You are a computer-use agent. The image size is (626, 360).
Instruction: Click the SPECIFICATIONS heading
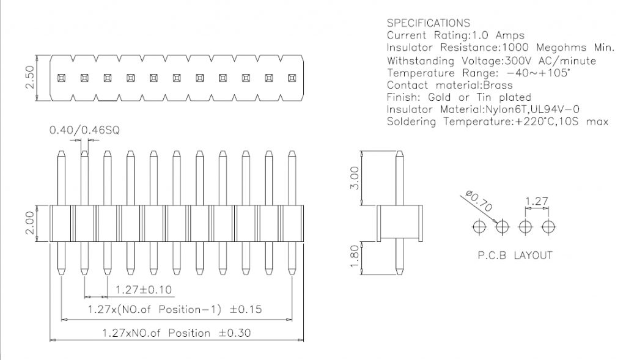point(429,23)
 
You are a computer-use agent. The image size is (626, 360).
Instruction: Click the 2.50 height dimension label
point(29,78)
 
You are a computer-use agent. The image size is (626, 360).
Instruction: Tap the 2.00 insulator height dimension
point(29,224)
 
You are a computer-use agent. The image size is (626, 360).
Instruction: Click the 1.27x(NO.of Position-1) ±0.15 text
point(174,310)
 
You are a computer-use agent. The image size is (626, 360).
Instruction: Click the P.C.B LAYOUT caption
point(515,255)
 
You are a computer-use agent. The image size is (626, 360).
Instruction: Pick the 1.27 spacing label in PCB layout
point(536,201)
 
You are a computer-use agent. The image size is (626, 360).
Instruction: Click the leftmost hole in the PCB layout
point(479,226)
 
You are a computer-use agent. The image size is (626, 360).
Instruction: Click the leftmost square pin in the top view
point(61,78)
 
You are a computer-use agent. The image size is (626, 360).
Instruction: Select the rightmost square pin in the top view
point(292,78)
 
